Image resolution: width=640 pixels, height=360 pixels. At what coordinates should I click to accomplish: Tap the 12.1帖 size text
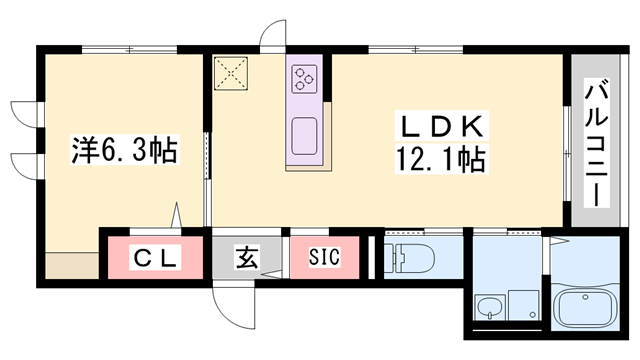click(441, 159)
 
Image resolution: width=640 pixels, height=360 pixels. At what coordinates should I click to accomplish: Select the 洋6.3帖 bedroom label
click(124, 151)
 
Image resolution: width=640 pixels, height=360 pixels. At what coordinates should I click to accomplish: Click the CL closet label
click(157, 258)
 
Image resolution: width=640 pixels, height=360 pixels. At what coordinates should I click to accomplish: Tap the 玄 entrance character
click(247, 257)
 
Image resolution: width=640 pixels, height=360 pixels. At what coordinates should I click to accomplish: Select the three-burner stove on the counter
click(304, 78)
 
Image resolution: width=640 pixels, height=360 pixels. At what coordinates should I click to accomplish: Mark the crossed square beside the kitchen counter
click(233, 72)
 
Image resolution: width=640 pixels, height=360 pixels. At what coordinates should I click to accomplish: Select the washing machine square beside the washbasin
click(522, 305)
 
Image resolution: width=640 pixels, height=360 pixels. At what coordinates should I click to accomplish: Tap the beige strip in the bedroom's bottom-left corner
click(72, 265)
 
